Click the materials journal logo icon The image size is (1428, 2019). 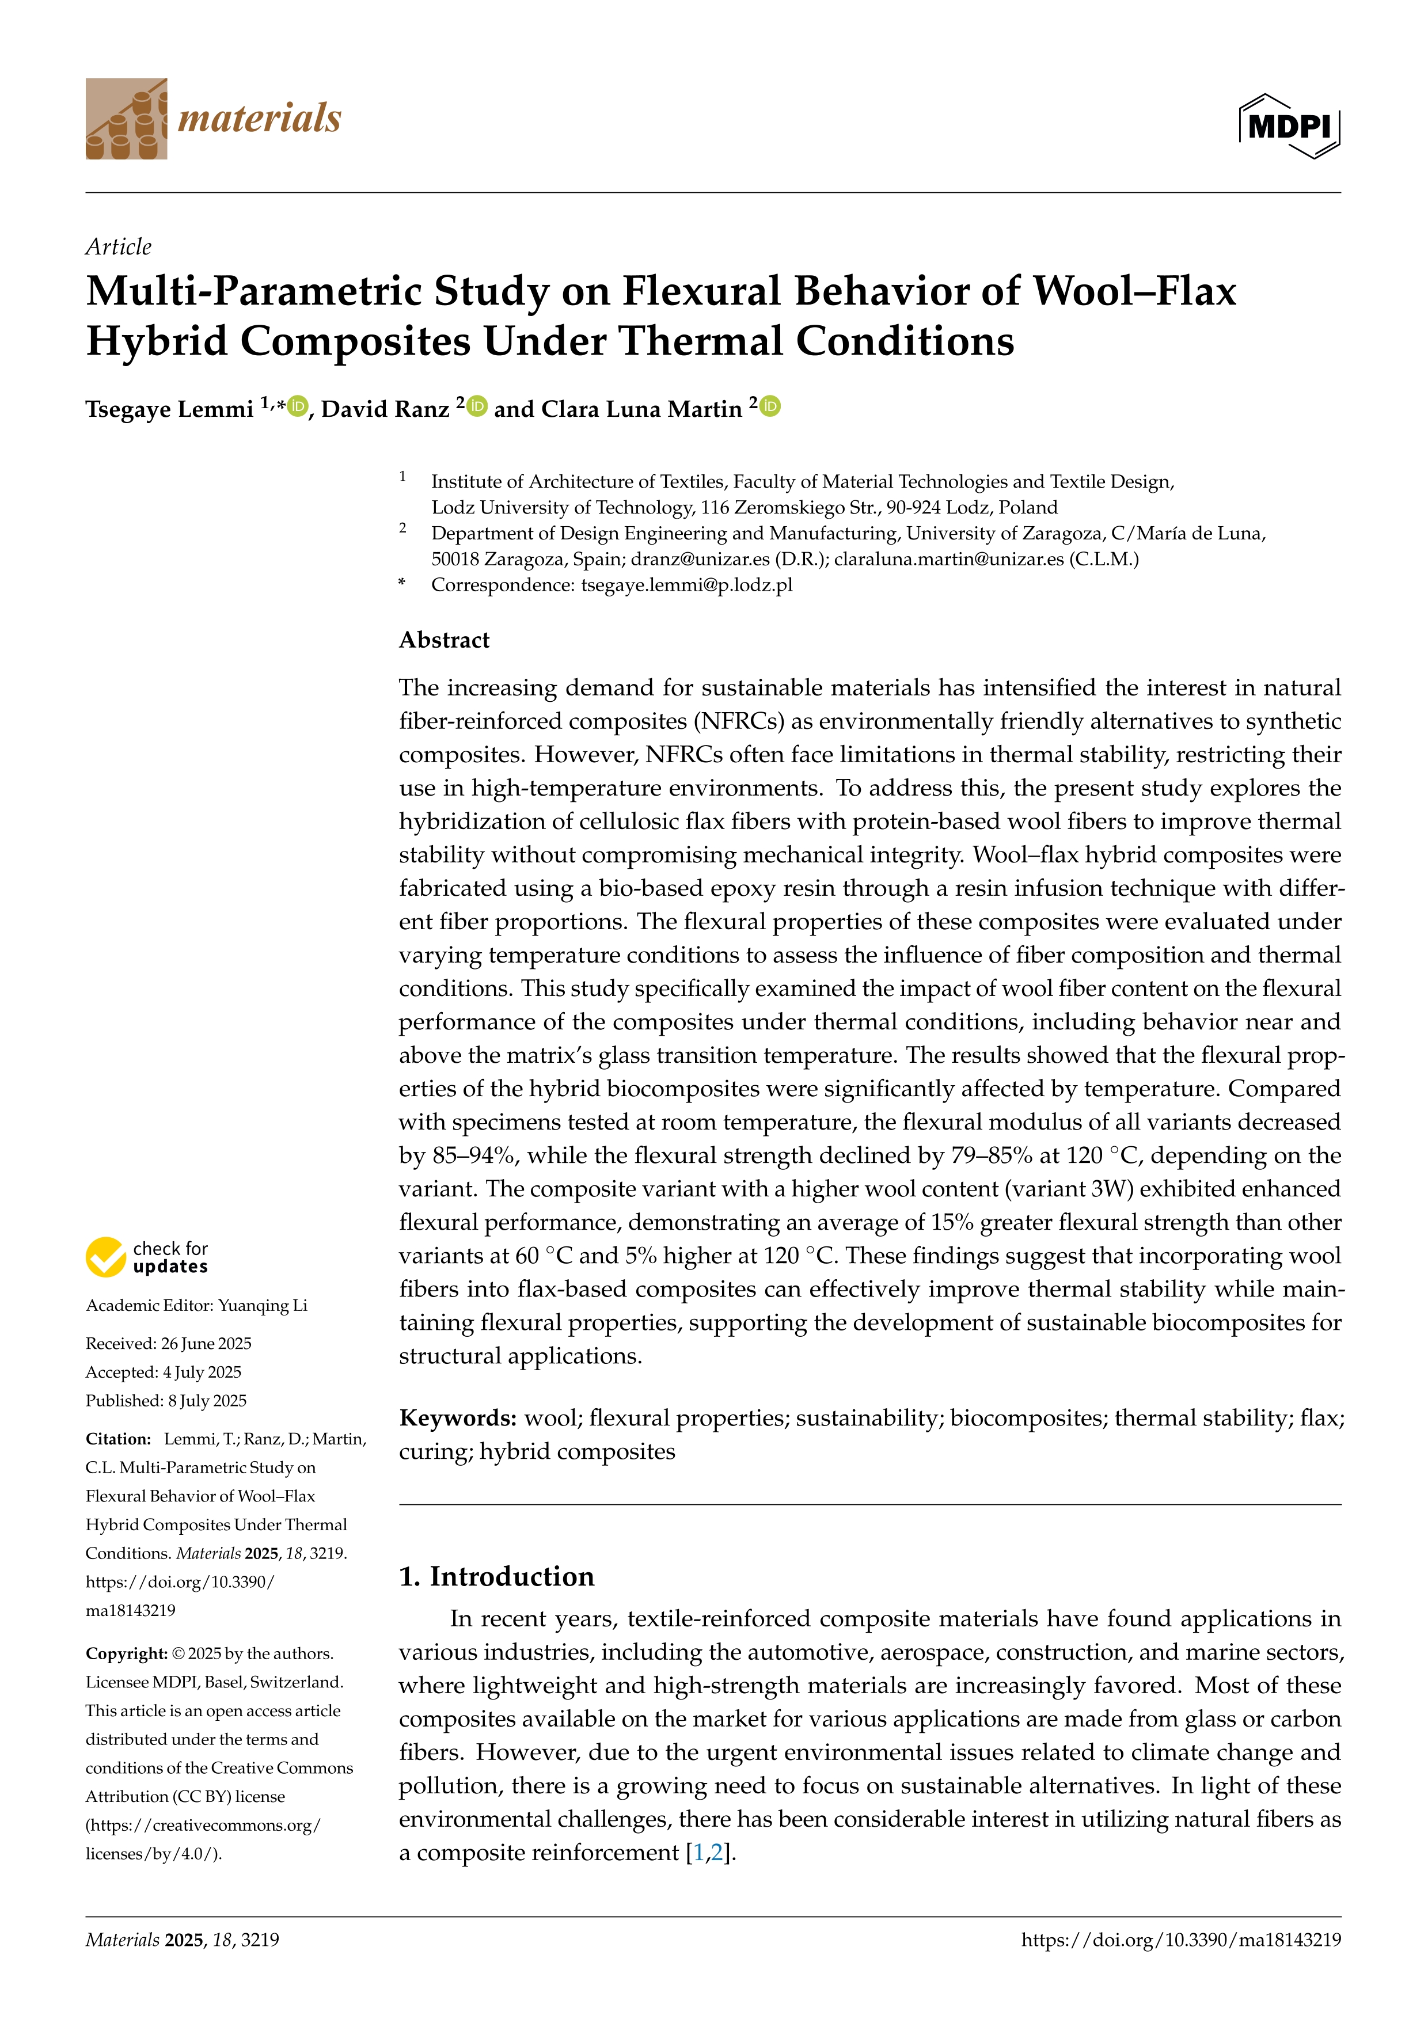point(126,119)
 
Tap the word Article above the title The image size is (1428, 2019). point(118,246)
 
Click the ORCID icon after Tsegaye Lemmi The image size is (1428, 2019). point(299,406)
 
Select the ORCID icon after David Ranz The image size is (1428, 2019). point(477,406)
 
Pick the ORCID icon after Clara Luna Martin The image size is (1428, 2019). point(770,406)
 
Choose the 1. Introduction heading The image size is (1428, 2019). point(497,1576)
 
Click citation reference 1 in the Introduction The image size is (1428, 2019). point(699,1853)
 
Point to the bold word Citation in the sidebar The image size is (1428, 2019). point(119,1439)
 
